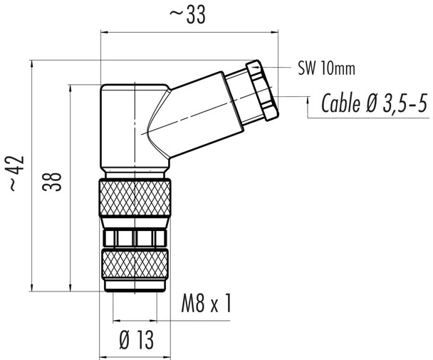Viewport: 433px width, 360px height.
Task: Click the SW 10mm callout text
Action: pyautogui.click(x=325, y=69)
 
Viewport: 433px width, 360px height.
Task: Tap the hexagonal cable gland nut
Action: pyautogui.click(x=261, y=90)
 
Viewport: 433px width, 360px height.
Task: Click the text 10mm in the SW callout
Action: pyautogui.click(x=334, y=69)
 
